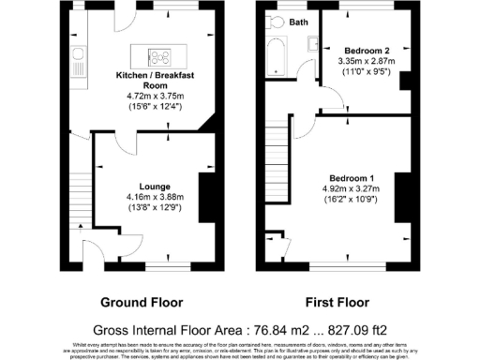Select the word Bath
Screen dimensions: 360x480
click(299, 21)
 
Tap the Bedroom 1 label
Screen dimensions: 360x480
click(352, 178)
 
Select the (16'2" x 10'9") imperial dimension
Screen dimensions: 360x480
click(352, 200)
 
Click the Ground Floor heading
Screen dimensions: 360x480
click(141, 303)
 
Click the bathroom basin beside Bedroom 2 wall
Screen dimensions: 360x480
click(307, 63)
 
